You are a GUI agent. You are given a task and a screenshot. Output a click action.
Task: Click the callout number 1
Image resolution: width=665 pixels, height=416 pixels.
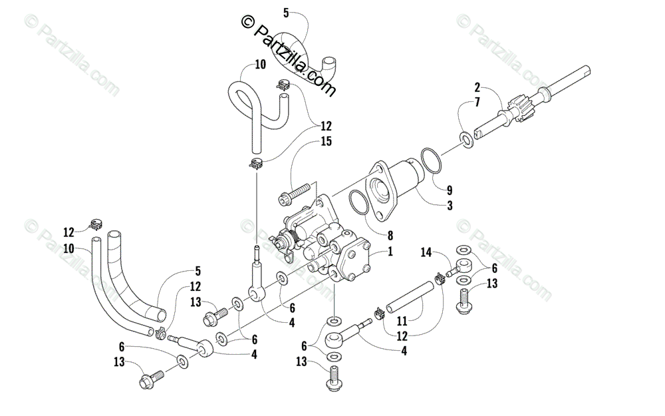pyautogui.click(x=391, y=252)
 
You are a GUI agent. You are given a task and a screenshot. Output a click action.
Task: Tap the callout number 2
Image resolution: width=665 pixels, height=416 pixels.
pyautogui.click(x=477, y=87)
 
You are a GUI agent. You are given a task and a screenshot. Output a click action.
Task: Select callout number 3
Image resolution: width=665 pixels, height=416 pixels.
pyautogui.click(x=450, y=206)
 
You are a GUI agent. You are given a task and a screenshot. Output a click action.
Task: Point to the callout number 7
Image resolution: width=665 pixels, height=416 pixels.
pyautogui.click(x=477, y=102)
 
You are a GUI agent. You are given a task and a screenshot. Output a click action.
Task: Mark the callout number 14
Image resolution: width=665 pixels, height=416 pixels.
pyautogui.click(x=426, y=252)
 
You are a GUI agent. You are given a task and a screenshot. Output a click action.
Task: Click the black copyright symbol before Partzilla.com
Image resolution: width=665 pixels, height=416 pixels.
pyautogui.click(x=248, y=22)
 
